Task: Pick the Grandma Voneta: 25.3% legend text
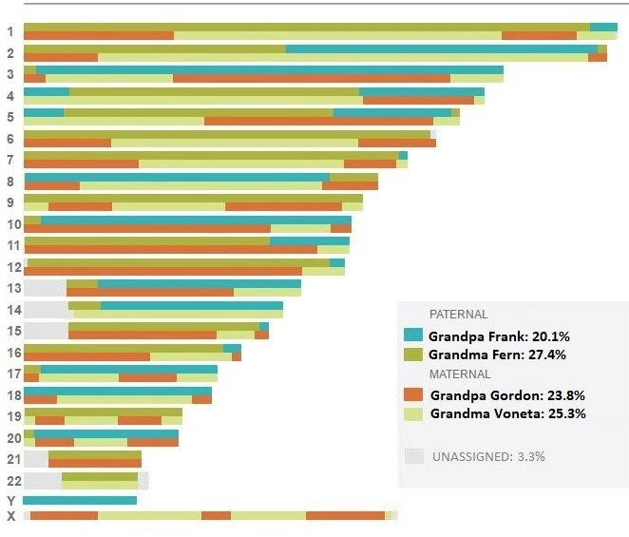pos(507,414)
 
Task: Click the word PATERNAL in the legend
pos(458,315)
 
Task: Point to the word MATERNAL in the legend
pos(459,374)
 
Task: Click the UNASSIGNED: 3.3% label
pos(487,456)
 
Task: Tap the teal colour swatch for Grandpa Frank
pos(413,336)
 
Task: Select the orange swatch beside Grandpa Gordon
pos(413,394)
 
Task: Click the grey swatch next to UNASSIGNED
pos(413,456)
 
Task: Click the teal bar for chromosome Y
pos(80,500)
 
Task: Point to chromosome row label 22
pos(12,480)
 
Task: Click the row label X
pos(11,516)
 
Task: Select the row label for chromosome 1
pos(10,31)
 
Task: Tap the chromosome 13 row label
pos(12,288)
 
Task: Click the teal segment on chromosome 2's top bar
pos(441,48)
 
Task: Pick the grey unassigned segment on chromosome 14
pos(46,309)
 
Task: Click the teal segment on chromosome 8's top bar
pos(177,177)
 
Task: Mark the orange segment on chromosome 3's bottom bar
pos(312,79)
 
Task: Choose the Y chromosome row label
pos(10,501)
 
